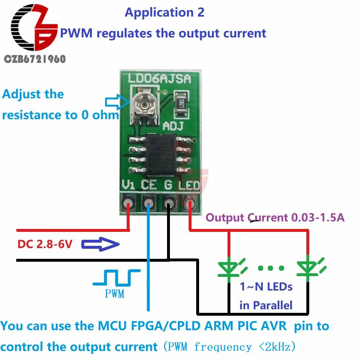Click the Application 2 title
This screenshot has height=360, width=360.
(x=165, y=13)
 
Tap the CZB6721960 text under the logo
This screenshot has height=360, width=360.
(x=35, y=59)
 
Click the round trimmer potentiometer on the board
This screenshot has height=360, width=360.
(x=144, y=104)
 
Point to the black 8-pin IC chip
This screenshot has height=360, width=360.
(x=160, y=154)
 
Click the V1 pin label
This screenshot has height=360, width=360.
(x=129, y=185)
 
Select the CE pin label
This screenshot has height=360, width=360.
(x=149, y=185)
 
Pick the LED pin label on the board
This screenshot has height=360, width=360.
(x=189, y=185)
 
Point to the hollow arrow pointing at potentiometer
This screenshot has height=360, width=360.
(x=116, y=102)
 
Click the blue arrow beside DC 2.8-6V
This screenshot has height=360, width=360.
(x=100, y=245)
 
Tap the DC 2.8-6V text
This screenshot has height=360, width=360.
(x=45, y=244)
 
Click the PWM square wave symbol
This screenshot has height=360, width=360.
(x=116, y=277)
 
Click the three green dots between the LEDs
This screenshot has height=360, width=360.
(x=271, y=268)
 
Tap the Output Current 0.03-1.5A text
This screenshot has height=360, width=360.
(x=275, y=217)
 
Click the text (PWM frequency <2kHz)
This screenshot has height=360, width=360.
(x=229, y=347)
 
